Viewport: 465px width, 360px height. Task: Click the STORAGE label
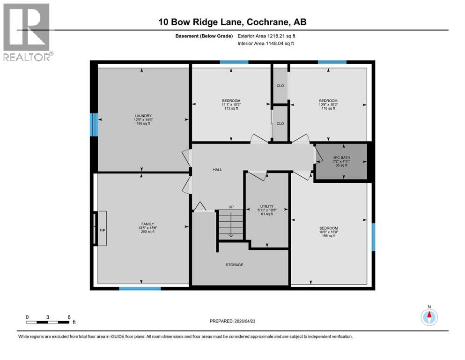[234, 265]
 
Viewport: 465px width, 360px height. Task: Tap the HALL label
[217, 170]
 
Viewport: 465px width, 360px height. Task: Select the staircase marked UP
[231, 225]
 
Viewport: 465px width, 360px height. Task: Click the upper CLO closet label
[280, 86]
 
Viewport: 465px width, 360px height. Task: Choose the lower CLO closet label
[280, 124]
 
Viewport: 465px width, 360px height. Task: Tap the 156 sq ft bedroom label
[328, 232]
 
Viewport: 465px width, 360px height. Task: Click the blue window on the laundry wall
[94, 125]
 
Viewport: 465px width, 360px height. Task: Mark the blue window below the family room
[137, 288]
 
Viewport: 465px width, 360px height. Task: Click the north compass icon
[429, 316]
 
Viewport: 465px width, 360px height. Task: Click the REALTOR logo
[27, 32]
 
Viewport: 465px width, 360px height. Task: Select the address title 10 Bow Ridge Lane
[232, 22]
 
